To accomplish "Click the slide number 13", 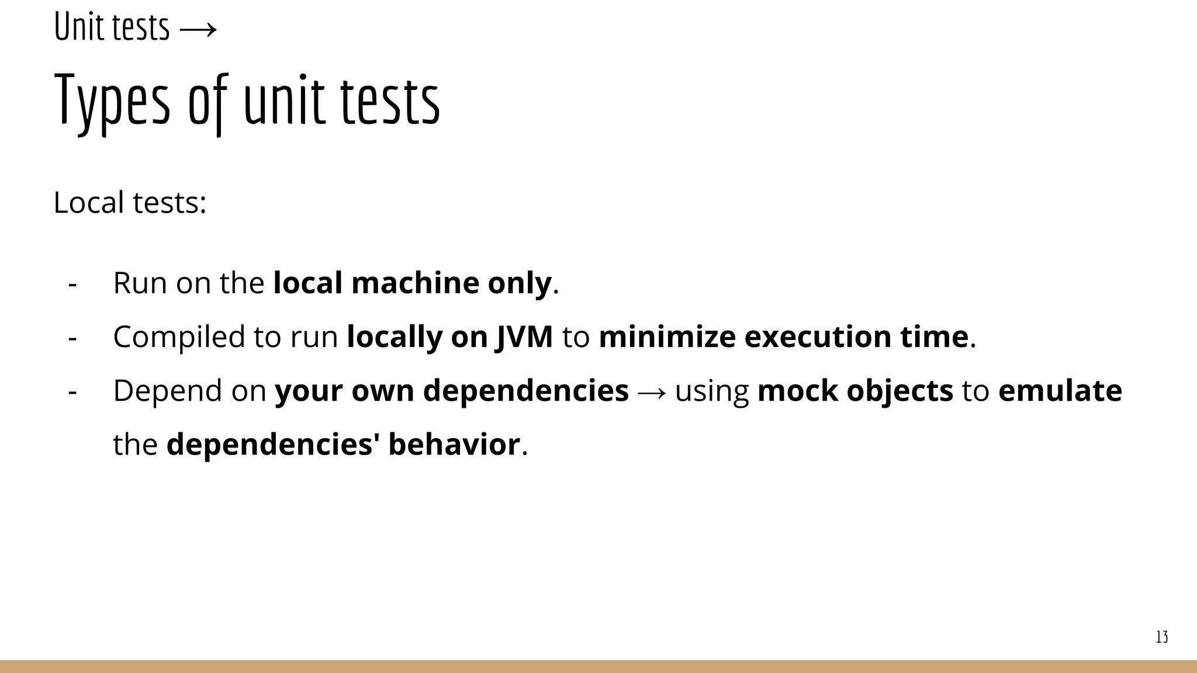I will (x=1162, y=637).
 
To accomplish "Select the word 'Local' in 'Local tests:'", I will (x=88, y=203).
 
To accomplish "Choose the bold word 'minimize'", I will (x=667, y=337).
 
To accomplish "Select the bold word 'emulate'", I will (x=1060, y=391).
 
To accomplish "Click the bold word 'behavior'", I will (x=454, y=445).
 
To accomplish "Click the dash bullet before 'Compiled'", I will (x=72, y=338).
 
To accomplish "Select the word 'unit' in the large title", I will (x=284, y=100).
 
